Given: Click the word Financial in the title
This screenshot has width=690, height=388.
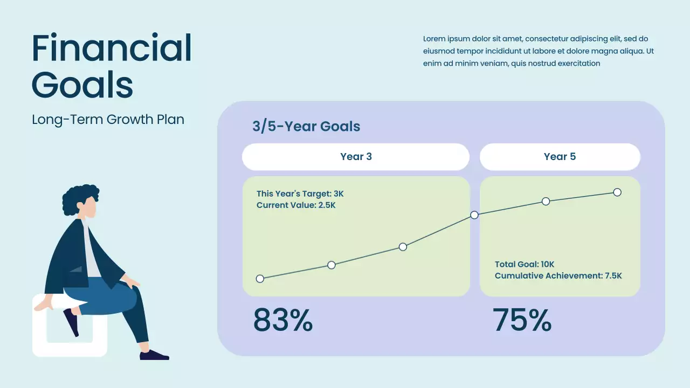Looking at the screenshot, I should point(112,48).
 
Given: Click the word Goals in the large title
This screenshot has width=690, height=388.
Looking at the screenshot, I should point(82,85).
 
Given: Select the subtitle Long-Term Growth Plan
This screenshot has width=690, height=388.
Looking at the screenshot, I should point(108,119).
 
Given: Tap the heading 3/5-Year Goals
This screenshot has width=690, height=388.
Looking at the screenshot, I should point(306,127).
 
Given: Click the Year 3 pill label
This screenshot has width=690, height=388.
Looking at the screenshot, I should point(356,157).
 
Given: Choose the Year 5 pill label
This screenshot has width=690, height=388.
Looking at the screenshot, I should point(560,157).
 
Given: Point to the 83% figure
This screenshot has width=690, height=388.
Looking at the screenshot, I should point(283,321).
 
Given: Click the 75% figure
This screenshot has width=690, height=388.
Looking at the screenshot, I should point(522,321).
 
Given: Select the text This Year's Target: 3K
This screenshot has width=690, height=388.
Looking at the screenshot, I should point(300,194).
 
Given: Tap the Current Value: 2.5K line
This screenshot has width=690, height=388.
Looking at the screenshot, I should point(296,205).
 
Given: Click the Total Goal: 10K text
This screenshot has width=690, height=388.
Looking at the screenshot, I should point(525,264).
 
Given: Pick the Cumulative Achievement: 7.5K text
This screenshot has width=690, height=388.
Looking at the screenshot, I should point(558,276).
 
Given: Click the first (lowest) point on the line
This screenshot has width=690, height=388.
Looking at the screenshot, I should point(260,279).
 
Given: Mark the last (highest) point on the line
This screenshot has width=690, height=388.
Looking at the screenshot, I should point(617,192).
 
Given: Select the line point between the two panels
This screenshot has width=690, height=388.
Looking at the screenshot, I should point(474,215).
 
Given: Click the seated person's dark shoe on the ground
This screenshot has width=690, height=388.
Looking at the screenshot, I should point(154,355).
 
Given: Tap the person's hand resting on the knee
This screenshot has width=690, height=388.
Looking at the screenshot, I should point(131,281).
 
